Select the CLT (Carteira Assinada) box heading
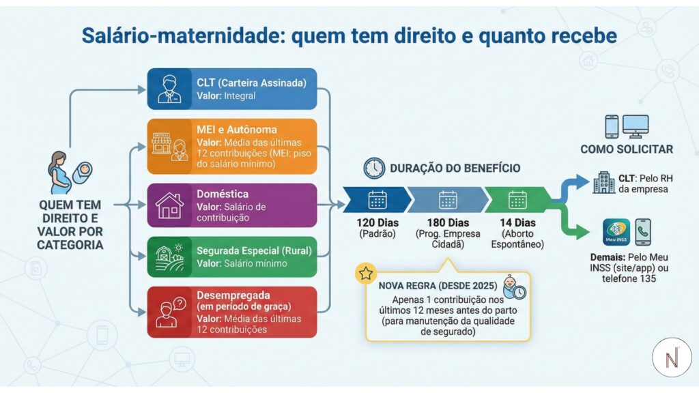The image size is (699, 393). tap(251, 83)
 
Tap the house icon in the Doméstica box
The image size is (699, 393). tap(169, 205)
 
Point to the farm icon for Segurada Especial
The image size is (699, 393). tap(169, 256)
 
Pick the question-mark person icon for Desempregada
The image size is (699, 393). tap(169, 312)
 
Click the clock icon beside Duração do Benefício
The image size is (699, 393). tap(374, 168)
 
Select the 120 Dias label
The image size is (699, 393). tap(377, 223)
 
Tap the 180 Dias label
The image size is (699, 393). tap(448, 223)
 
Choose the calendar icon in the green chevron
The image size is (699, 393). tap(517, 200)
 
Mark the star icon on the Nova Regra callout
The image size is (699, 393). tap(366, 274)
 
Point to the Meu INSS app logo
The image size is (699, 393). tap(616, 232)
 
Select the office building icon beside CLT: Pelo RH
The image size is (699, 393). tap(603, 182)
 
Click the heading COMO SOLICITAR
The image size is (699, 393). tap(627, 149)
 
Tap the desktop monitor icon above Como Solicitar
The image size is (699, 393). tap(636, 126)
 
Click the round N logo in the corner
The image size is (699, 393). tap(672, 357)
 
